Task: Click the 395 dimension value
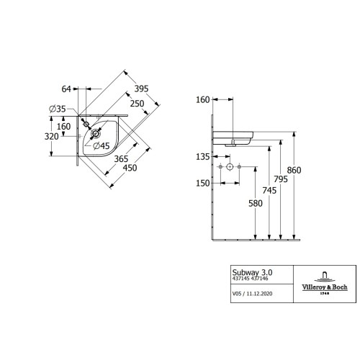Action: coord(141,89)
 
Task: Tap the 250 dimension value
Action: coord(137,104)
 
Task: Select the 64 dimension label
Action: coord(66,89)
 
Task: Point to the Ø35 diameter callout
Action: coord(58,109)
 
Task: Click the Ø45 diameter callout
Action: coord(102,145)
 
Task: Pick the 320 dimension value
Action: coord(52,137)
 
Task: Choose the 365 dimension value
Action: coord(121,159)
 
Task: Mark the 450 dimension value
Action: coord(130,168)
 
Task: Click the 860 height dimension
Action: coord(294,171)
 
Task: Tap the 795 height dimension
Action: coord(281,179)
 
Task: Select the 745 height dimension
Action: coord(269,191)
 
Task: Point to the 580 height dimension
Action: coord(256,204)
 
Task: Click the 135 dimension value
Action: coord(203,157)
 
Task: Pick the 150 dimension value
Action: coord(203,184)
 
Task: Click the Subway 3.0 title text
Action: coord(252,273)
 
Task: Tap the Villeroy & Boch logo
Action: coord(325,283)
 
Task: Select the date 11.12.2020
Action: coord(259,294)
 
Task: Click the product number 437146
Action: coord(259,279)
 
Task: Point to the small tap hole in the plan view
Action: coord(86,124)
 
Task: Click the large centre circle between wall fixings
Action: coord(230,166)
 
